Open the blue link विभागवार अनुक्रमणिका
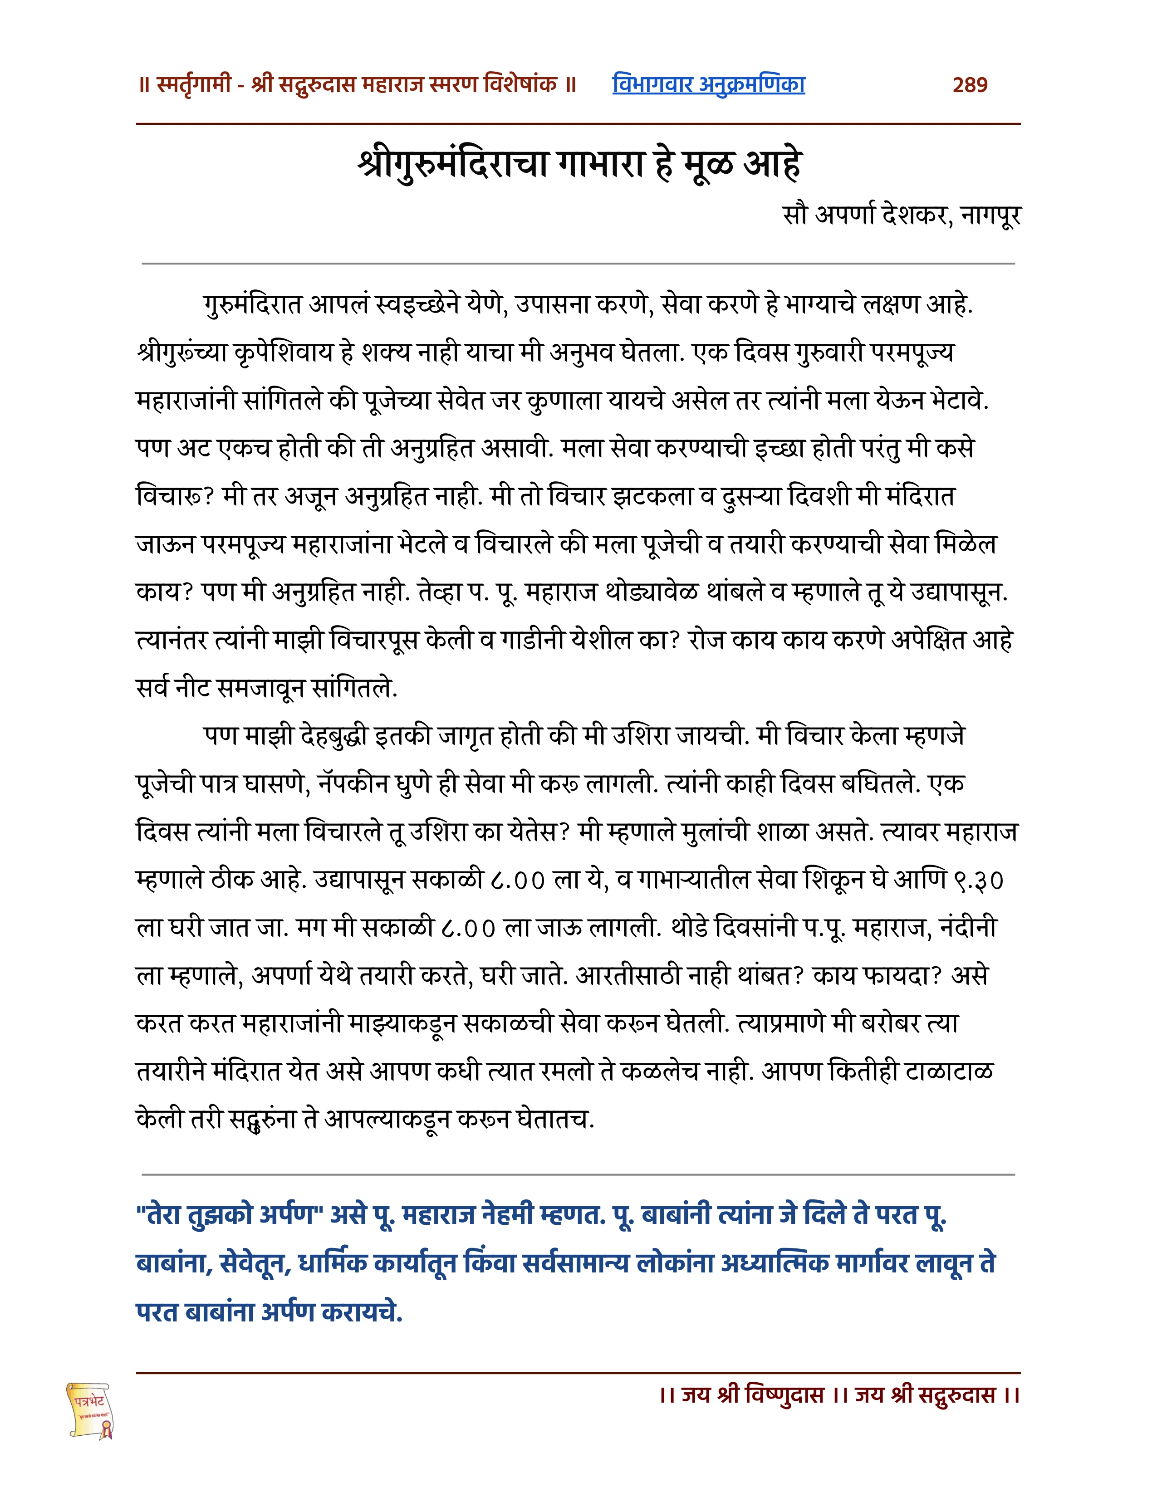click(708, 85)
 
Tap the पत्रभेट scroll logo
click(90, 1409)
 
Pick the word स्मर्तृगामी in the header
click(194, 85)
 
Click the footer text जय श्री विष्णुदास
click(752, 1395)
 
